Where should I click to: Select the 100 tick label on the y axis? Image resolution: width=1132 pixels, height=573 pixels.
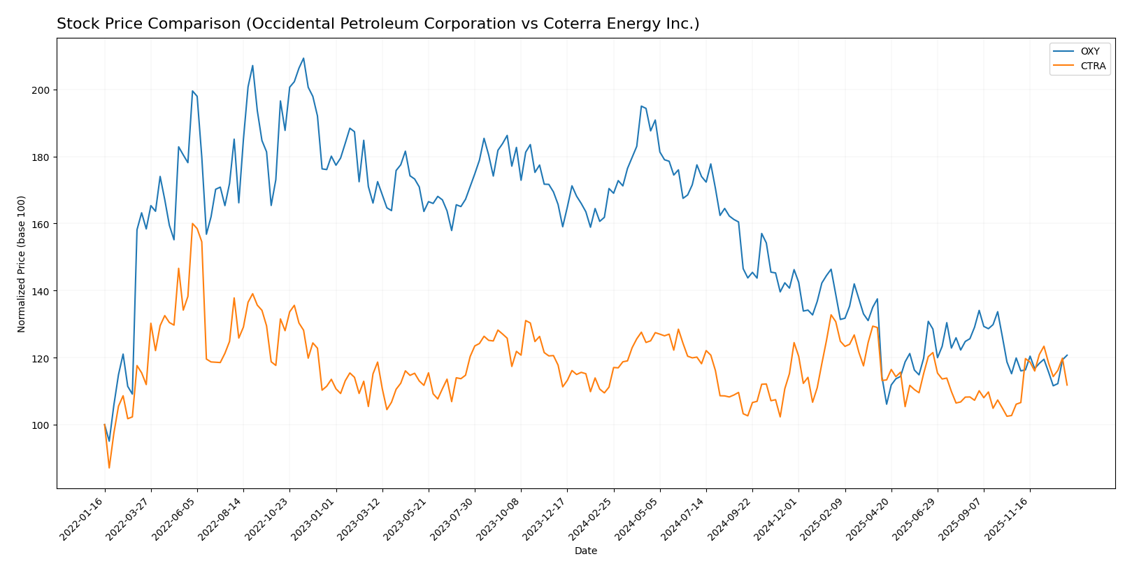pos(43,425)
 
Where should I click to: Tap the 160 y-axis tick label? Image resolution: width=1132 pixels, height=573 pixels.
pos(43,225)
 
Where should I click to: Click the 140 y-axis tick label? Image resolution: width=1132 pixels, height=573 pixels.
pos(43,291)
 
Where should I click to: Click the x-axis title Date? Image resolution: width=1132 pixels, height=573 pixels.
pos(585,551)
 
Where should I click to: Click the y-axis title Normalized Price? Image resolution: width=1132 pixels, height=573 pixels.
pos(22,264)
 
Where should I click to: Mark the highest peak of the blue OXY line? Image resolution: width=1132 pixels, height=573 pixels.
pos(303,58)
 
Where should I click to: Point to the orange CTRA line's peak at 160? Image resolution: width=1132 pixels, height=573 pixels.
pos(192,224)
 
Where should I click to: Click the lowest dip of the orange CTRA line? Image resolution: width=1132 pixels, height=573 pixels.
pos(109,467)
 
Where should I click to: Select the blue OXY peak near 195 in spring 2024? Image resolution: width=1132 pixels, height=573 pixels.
pos(641,106)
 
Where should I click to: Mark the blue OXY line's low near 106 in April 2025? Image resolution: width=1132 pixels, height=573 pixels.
pos(887,404)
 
